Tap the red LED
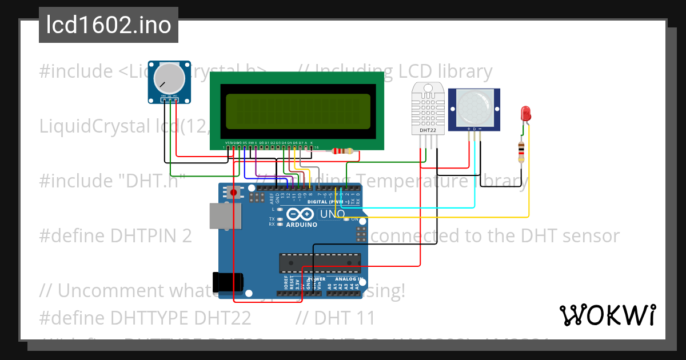point(525,113)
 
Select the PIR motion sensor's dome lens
point(474,106)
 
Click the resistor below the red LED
point(521,151)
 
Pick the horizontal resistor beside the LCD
point(342,151)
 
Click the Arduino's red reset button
point(233,193)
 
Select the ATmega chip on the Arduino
point(320,263)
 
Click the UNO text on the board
point(332,214)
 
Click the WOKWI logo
point(607,315)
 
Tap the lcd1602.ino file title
point(109,26)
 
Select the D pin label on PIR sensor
point(474,129)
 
